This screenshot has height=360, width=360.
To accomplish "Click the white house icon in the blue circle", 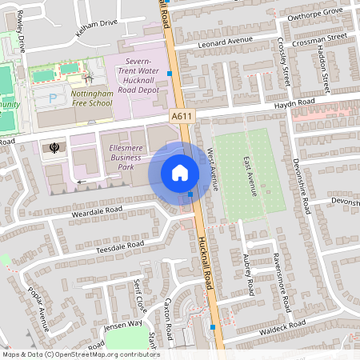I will point(179,173).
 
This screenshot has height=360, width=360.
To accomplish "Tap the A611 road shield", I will point(182,117).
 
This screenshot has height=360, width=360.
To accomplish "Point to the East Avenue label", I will point(249,176).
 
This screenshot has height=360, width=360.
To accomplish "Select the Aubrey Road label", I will point(248,273).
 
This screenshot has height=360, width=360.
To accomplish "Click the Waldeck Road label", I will point(283,326).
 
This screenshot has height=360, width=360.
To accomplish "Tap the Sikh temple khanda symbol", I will point(54,146).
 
